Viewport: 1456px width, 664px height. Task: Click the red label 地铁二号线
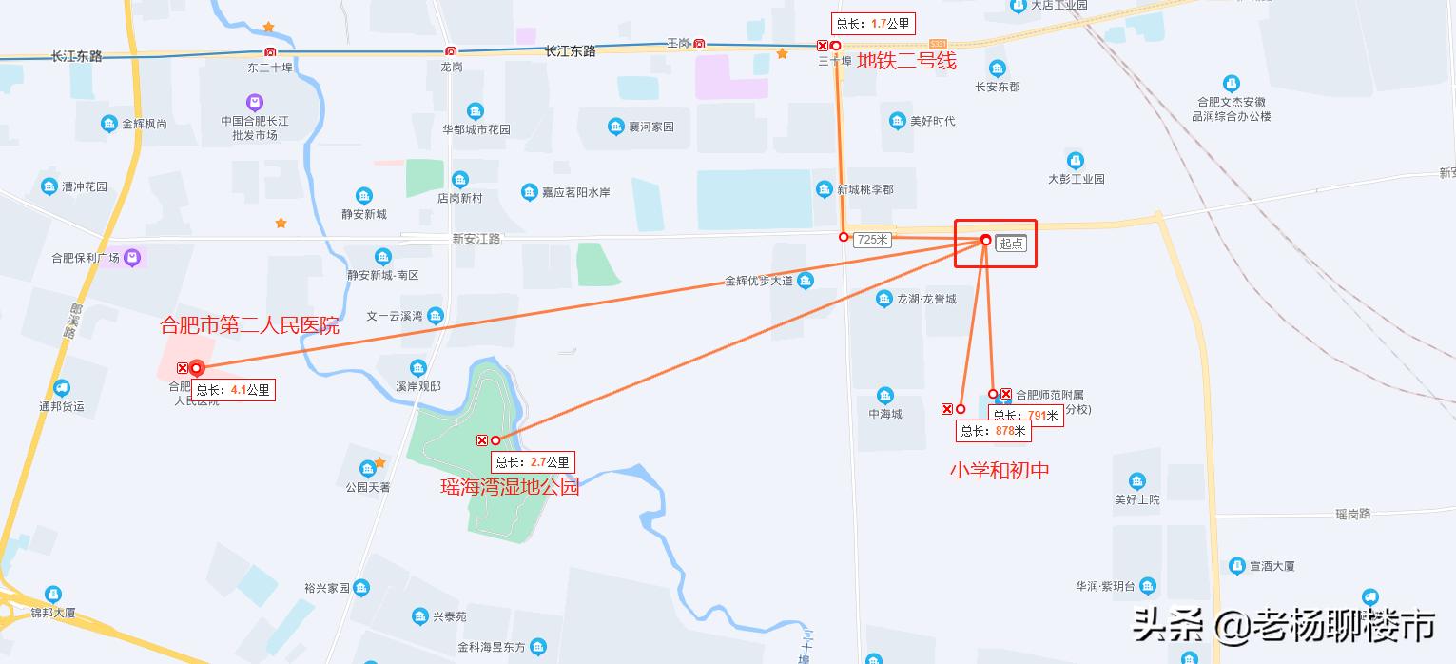coord(905,62)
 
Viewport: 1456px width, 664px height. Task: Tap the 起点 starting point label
coord(1011,244)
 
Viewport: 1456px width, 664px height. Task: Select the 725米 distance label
coord(872,240)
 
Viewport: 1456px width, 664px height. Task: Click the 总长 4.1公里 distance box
coord(233,389)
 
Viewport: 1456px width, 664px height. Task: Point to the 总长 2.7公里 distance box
coord(533,462)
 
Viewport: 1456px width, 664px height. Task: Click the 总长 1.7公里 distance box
coord(872,24)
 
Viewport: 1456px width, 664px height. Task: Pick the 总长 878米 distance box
coord(993,431)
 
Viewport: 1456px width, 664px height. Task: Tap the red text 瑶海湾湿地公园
coord(509,487)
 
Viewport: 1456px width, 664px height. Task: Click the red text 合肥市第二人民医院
coord(249,326)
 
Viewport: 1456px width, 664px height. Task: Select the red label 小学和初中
coord(1000,470)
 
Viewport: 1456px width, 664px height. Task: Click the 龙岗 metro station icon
coord(450,51)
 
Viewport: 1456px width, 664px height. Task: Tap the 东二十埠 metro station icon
coord(270,52)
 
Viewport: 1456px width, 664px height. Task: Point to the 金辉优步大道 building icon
coord(806,281)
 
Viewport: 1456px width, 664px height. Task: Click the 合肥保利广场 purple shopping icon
coord(131,257)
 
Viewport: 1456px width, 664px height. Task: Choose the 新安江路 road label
coord(476,239)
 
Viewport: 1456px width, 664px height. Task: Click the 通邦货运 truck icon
coord(62,388)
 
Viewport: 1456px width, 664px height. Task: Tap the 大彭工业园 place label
coord(1076,179)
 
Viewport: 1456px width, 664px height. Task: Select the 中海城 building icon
coord(885,396)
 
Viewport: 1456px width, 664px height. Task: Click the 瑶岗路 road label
coord(1352,515)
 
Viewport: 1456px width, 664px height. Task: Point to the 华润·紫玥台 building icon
coord(1148,586)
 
